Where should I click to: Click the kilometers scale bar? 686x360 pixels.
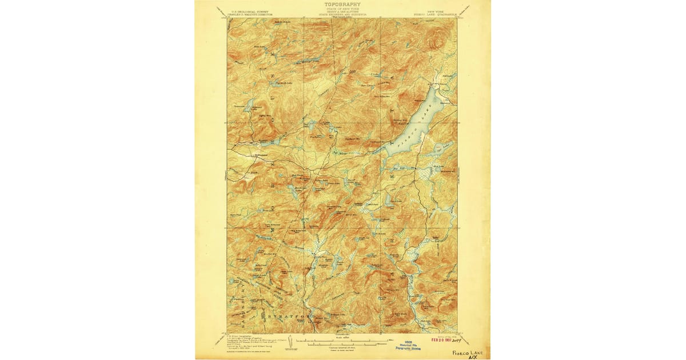[341, 345]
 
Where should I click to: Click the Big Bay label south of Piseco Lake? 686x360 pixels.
[397, 168]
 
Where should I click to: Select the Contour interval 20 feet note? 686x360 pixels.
[341, 349]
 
